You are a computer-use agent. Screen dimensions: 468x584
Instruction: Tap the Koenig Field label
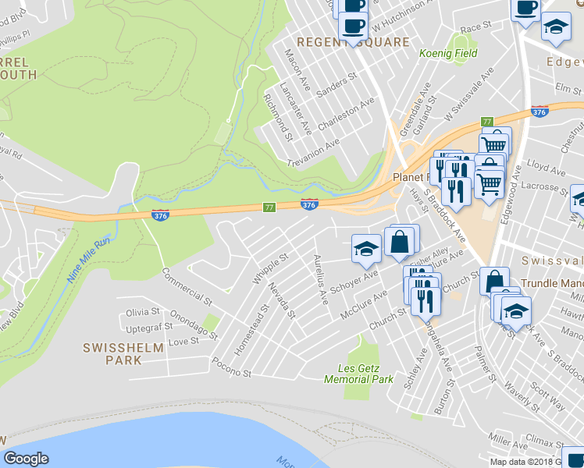point(448,54)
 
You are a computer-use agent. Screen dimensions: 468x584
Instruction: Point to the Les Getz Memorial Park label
point(359,374)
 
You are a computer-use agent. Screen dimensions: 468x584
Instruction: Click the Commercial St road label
point(187,286)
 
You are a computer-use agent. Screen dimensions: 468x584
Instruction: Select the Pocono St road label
point(231,367)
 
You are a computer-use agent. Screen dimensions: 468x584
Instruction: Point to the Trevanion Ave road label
point(315,153)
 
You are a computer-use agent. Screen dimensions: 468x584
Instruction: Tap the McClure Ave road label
point(364,304)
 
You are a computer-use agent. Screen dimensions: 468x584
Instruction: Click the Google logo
point(26,459)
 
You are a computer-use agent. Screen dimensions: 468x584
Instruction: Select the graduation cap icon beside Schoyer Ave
point(366,250)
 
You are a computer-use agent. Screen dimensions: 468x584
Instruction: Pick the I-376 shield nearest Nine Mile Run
point(158,214)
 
